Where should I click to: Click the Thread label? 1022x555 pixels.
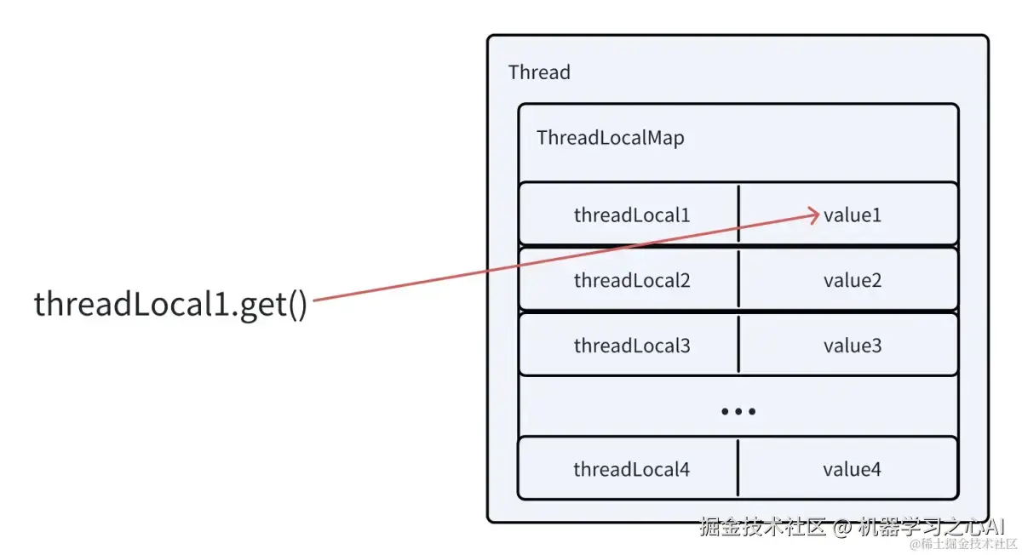click(x=539, y=72)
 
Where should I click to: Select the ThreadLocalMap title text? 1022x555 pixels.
click(x=611, y=138)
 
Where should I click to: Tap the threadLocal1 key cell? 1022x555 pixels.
click(x=629, y=214)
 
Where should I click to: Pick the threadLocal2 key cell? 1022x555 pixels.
click(x=629, y=279)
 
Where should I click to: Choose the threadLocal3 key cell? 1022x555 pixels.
click(x=629, y=345)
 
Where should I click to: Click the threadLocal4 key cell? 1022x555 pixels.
click(x=628, y=468)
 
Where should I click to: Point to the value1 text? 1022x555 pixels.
click(x=853, y=215)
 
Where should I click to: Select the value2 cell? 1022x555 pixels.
click(x=848, y=279)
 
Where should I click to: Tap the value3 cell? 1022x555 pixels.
click(x=848, y=345)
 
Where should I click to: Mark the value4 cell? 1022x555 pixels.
click(x=847, y=468)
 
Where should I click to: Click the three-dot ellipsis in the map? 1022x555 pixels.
click(x=738, y=412)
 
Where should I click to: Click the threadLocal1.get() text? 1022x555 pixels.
click(x=170, y=305)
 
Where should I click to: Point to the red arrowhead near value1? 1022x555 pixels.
click(x=814, y=215)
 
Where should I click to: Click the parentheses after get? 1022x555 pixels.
click(x=298, y=305)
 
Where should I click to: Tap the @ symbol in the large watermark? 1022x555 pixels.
click(x=841, y=528)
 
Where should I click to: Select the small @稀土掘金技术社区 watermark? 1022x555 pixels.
click(x=963, y=544)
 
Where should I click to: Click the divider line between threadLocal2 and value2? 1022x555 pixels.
click(x=738, y=279)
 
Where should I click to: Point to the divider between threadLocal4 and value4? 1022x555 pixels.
click(x=738, y=468)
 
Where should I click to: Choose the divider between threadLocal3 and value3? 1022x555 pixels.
click(x=738, y=345)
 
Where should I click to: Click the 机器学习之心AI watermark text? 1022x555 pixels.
click(x=931, y=527)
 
